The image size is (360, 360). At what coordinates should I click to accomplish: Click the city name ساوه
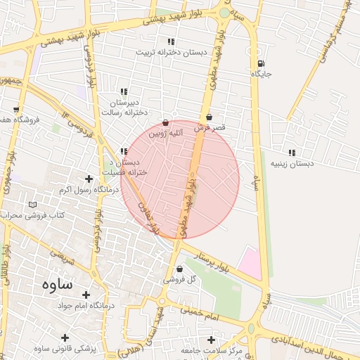58,285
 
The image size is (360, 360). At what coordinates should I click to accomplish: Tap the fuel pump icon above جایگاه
262,63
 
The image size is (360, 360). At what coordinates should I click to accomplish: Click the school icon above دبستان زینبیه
291,153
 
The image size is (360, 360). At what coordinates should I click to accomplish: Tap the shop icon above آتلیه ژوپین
165,122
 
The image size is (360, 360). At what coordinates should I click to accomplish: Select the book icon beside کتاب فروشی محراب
32,205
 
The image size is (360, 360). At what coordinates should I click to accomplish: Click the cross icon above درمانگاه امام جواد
86,295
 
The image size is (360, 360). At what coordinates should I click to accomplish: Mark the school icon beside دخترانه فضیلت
124,151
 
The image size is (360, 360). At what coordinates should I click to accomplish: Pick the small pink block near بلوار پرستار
250,262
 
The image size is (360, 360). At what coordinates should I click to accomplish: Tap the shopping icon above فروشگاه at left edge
15,110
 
